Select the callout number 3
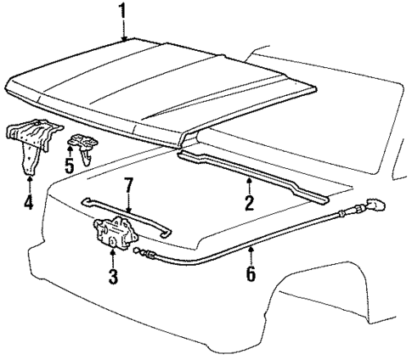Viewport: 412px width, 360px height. (113, 276)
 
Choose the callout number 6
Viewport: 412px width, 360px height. (251, 274)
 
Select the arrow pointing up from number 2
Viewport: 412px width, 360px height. (248, 185)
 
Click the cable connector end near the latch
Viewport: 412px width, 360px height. (146, 253)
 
